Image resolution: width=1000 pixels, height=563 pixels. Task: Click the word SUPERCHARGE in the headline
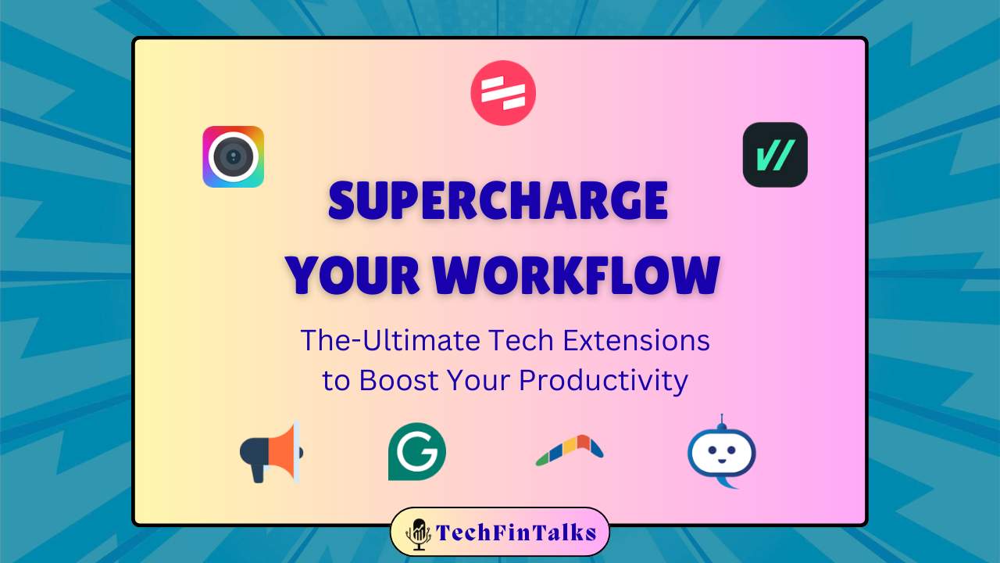point(498,201)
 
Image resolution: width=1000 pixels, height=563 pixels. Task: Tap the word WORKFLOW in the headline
point(576,275)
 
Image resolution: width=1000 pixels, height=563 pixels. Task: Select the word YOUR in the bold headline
point(352,275)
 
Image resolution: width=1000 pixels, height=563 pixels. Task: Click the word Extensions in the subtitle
point(636,340)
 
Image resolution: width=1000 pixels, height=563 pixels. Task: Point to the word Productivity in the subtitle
point(603,381)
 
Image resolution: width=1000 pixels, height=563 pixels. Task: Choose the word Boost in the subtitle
point(398,381)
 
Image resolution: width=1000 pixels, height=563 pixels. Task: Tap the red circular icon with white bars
point(503,93)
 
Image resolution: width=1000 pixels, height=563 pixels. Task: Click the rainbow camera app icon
point(233,157)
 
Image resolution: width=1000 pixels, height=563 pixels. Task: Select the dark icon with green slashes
point(775,155)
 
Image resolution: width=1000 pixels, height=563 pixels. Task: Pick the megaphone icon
point(271,452)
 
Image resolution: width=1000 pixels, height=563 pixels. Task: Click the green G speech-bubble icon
point(417,452)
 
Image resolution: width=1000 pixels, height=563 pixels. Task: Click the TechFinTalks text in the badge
point(516,533)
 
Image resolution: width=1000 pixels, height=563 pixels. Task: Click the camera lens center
point(233,157)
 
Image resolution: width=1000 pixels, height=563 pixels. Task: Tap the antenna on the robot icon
point(721,421)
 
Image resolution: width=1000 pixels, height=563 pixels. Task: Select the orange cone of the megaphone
point(282,452)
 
